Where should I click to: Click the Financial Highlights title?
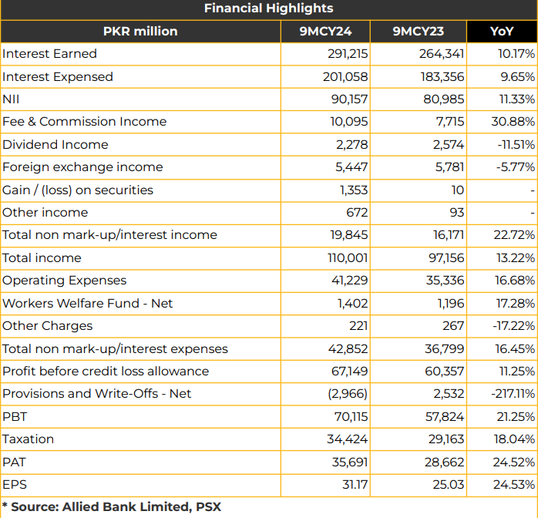tap(269, 8)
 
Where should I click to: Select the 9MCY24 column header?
tap(325, 31)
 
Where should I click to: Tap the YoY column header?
tap(502, 31)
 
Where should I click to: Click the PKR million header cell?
tap(140, 31)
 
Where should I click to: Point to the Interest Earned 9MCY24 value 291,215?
tap(347, 54)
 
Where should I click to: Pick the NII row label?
tap(11, 99)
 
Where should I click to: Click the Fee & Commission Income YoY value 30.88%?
tap(513, 122)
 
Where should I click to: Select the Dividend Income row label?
tap(55, 144)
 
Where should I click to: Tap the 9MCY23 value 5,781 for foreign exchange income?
tap(449, 167)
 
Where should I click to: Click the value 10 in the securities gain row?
tap(458, 190)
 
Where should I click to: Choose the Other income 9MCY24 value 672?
tap(357, 212)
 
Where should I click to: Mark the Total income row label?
tap(42, 257)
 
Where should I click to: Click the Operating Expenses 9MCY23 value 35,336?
tap(445, 281)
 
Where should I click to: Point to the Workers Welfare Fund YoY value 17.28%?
tap(516, 303)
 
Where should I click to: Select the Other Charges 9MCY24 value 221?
tap(358, 325)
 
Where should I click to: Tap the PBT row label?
tap(15, 416)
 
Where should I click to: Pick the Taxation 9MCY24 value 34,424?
tap(347, 439)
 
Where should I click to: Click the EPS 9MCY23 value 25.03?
tap(449, 484)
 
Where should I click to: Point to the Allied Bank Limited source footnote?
tap(112, 507)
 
